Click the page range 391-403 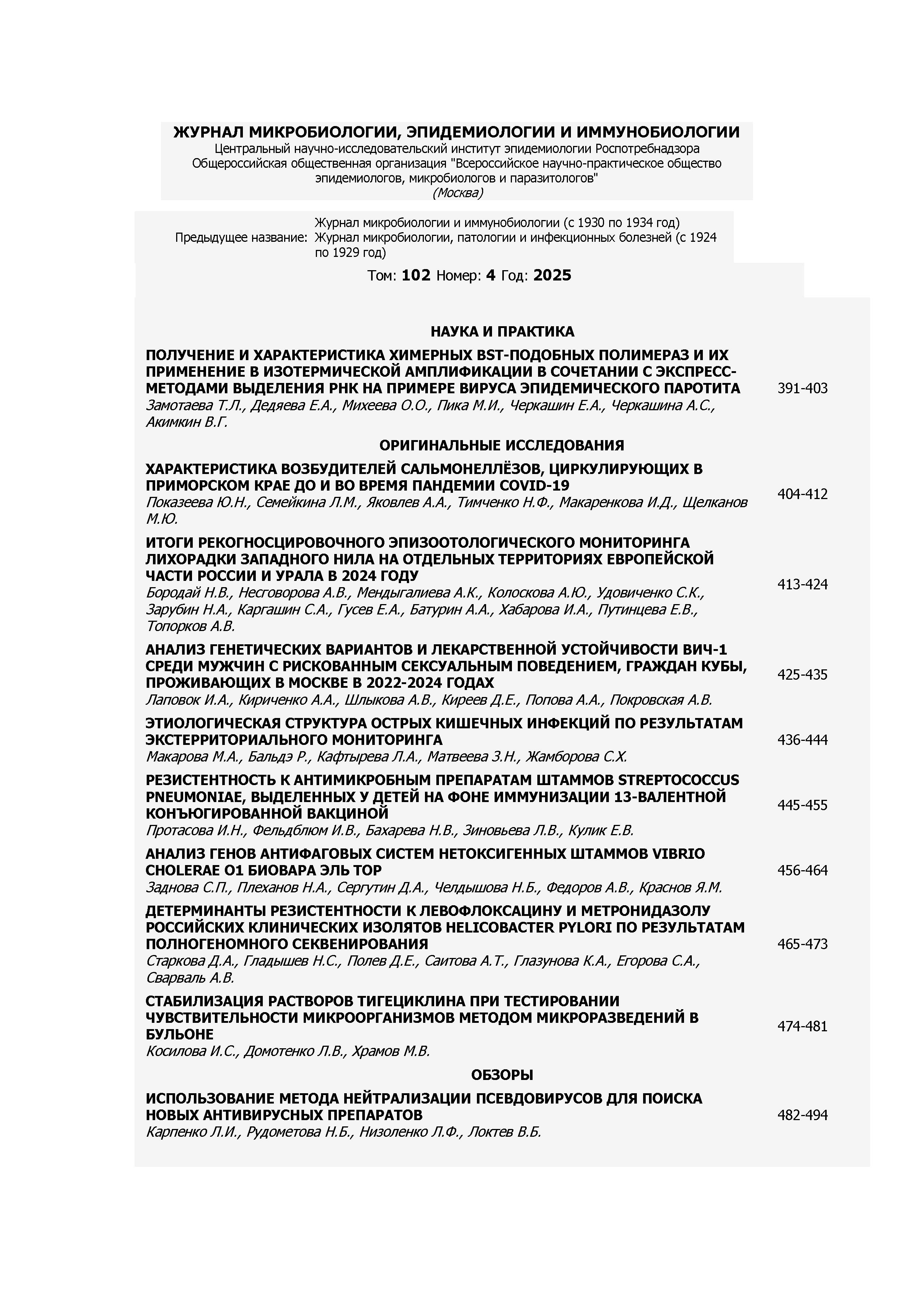pos(802,388)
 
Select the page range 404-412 pos(802,494)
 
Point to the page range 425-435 pos(802,675)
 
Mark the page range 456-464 pos(802,871)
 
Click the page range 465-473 pos(802,944)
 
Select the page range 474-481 pos(802,1026)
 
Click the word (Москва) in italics pos(457,193)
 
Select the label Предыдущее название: pos(241,238)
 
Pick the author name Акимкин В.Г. pos(186,422)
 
